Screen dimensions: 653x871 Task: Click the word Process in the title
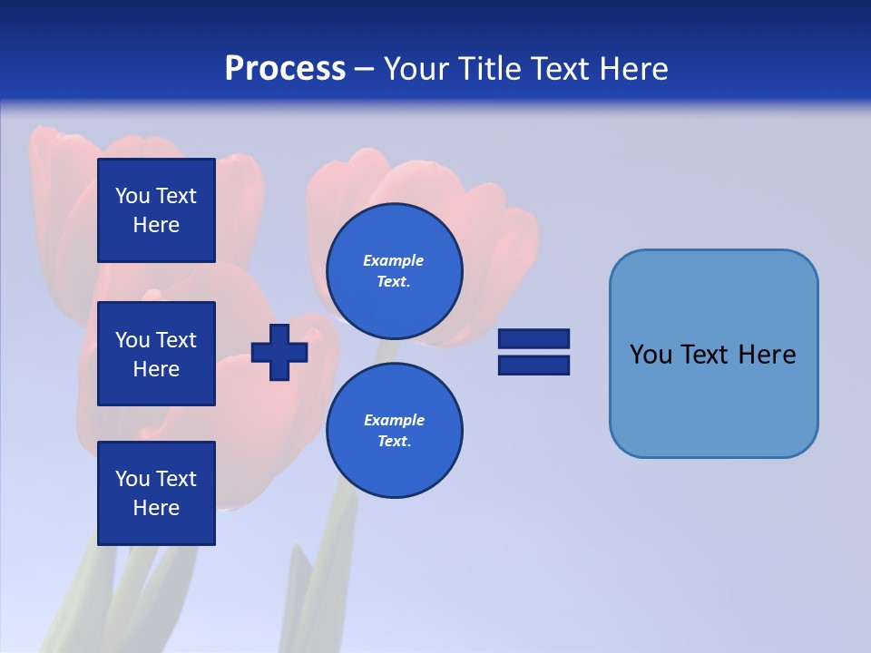click(285, 69)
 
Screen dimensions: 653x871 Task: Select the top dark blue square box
click(156, 210)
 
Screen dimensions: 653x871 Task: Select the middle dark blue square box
click(156, 354)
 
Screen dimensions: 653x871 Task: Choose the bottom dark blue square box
click(156, 493)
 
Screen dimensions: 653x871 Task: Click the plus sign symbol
click(279, 351)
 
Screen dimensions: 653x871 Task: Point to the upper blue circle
click(394, 271)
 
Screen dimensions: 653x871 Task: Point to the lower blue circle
click(394, 430)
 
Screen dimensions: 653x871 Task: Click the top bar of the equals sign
click(533, 339)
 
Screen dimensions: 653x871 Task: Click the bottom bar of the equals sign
click(533, 365)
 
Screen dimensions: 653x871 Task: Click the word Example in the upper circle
click(393, 260)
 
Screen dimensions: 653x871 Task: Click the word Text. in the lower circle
click(394, 442)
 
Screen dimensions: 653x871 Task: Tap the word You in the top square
click(132, 196)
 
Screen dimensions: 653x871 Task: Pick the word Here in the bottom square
click(156, 508)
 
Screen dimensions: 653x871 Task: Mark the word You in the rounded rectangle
click(650, 355)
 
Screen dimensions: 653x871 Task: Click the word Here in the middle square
click(156, 369)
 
